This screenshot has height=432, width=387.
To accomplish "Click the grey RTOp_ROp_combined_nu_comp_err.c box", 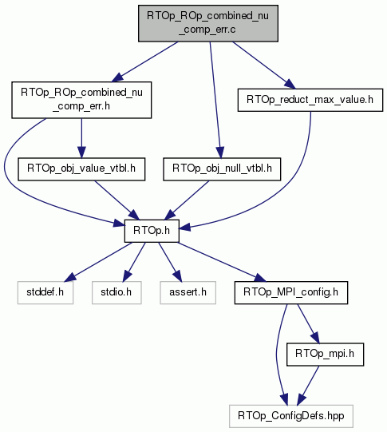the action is pos(208,23).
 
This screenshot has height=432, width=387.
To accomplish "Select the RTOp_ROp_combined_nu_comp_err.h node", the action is pos(81,100).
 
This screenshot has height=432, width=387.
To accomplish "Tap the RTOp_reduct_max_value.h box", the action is pos(310,100).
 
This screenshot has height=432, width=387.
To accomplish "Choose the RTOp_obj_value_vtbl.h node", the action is pos(81,169).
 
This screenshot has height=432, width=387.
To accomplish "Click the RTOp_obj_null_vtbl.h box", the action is pos(222,169).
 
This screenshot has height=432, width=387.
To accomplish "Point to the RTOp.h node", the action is pos(152,231).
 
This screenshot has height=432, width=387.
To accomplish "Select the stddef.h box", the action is pos(45,292).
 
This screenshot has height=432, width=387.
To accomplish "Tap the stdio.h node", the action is pos(116,292).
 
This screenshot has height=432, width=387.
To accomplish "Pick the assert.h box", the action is pos(188,292).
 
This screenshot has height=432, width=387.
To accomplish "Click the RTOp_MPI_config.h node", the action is pos(291,292).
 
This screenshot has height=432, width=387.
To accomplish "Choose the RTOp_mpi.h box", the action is pos(325,355).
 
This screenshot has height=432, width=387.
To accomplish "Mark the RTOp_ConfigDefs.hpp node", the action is pos(291,416).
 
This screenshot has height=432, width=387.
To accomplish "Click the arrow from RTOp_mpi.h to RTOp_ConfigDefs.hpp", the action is pos(308,385).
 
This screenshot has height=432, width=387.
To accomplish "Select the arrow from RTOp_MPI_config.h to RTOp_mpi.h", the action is pos(308,323).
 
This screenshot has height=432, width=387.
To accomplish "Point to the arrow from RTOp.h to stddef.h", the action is pos(98,262).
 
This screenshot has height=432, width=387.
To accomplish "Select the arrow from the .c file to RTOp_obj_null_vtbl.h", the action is pos(215,100).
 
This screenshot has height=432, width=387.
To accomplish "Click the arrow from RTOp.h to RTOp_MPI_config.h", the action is pos(223,262).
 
